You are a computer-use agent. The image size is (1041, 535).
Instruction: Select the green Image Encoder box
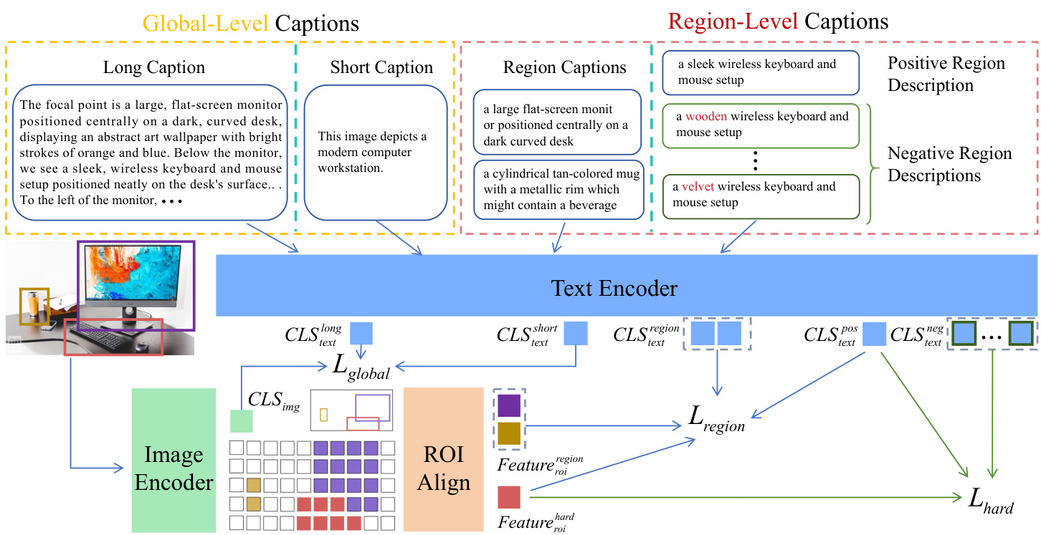click(174, 461)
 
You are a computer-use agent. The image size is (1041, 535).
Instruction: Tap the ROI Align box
click(444, 459)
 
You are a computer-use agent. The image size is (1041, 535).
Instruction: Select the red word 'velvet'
click(698, 187)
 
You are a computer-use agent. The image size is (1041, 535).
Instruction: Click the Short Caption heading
click(381, 68)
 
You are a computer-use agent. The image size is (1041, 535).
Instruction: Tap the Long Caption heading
click(154, 68)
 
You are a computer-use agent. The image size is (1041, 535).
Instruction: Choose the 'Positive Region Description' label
click(946, 74)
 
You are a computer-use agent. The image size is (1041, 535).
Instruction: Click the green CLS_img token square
click(242, 421)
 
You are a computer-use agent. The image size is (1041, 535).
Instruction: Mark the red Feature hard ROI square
click(508, 496)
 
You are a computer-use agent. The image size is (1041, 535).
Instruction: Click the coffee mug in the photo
click(33, 304)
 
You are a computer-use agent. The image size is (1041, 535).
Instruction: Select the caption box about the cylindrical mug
click(557, 190)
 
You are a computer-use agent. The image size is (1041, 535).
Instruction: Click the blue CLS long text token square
click(361, 334)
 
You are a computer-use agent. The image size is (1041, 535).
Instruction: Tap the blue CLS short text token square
click(576, 334)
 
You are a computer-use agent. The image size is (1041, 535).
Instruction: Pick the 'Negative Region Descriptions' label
click(950, 164)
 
